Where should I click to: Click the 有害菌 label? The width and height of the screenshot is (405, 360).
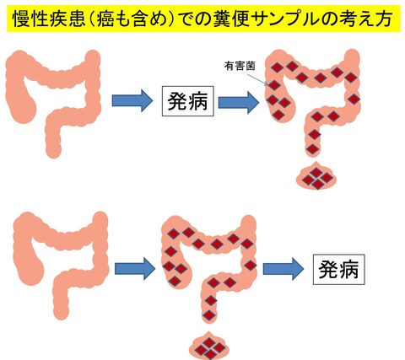point(240,67)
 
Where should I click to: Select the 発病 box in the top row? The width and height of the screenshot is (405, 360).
point(187,101)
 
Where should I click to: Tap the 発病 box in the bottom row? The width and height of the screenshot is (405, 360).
point(339,269)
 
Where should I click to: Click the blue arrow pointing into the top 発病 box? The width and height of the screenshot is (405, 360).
point(132,100)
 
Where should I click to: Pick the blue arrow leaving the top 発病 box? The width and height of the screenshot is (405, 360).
point(239,103)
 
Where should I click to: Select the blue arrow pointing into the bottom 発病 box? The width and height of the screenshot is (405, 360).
point(283,269)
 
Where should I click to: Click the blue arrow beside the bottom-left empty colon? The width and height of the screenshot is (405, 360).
point(135,269)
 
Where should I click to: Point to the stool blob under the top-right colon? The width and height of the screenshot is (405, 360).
point(316,177)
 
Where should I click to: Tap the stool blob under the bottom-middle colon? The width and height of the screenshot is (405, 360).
point(209,347)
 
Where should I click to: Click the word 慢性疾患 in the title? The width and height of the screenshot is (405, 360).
point(49,19)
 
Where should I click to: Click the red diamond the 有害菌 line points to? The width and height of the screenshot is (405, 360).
point(274,85)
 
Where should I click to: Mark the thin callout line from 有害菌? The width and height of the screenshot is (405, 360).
point(257,79)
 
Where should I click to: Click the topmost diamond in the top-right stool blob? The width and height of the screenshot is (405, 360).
point(316,172)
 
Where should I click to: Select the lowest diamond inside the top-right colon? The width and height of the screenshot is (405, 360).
point(312,148)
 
